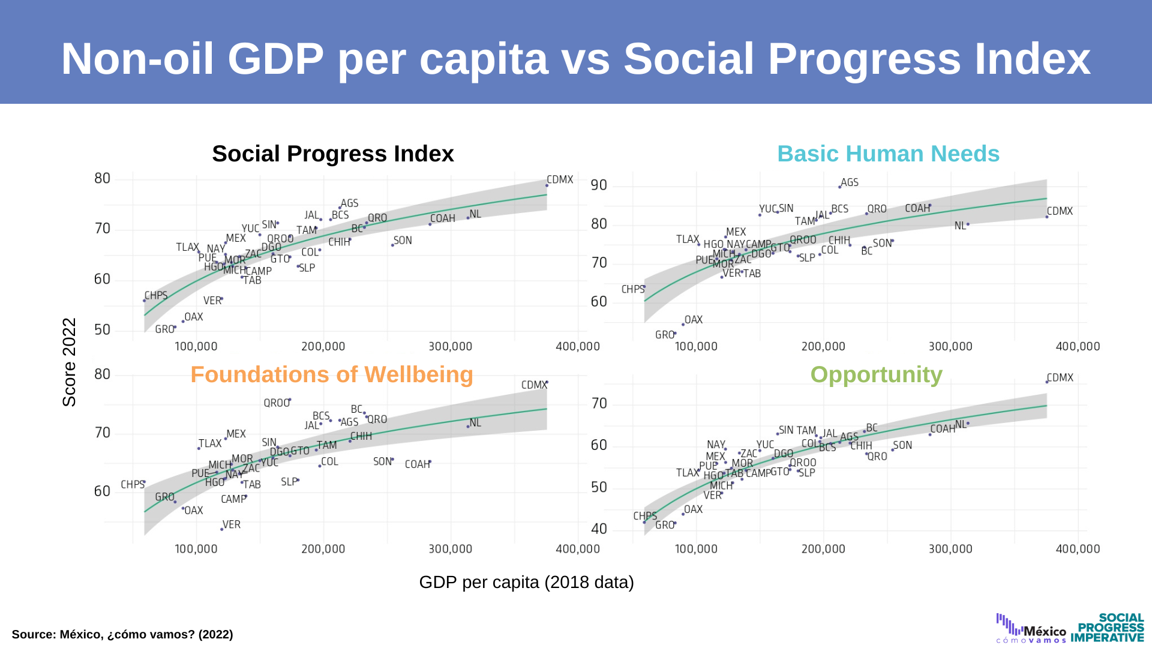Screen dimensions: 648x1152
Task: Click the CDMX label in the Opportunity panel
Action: point(1060,377)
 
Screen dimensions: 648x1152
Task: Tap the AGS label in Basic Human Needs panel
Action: point(849,182)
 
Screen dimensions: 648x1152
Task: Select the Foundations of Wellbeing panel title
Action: point(331,374)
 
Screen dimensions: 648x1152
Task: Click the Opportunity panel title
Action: point(876,374)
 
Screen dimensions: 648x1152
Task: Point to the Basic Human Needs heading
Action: point(888,154)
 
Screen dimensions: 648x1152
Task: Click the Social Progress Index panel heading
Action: point(332,154)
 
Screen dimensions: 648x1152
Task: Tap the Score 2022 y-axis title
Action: point(70,362)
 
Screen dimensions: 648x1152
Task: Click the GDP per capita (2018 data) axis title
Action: point(526,582)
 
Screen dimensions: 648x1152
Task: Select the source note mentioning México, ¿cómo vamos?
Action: point(122,634)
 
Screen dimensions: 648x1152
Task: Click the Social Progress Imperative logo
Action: point(1108,628)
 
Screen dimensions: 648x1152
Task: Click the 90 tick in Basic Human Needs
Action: point(599,185)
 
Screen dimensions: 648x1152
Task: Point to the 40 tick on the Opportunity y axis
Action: point(599,529)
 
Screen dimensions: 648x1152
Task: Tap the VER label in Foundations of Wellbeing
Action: point(231,524)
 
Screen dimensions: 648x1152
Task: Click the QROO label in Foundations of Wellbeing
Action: point(277,403)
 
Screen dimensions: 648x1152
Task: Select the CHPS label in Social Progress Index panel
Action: point(155,296)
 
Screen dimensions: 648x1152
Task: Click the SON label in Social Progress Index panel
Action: point(403,241)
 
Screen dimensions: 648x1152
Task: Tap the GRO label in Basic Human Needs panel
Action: point(664,335)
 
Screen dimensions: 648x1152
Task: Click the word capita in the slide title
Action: point(484,59)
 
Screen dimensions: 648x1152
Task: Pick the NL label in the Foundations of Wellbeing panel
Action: point(475,423)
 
